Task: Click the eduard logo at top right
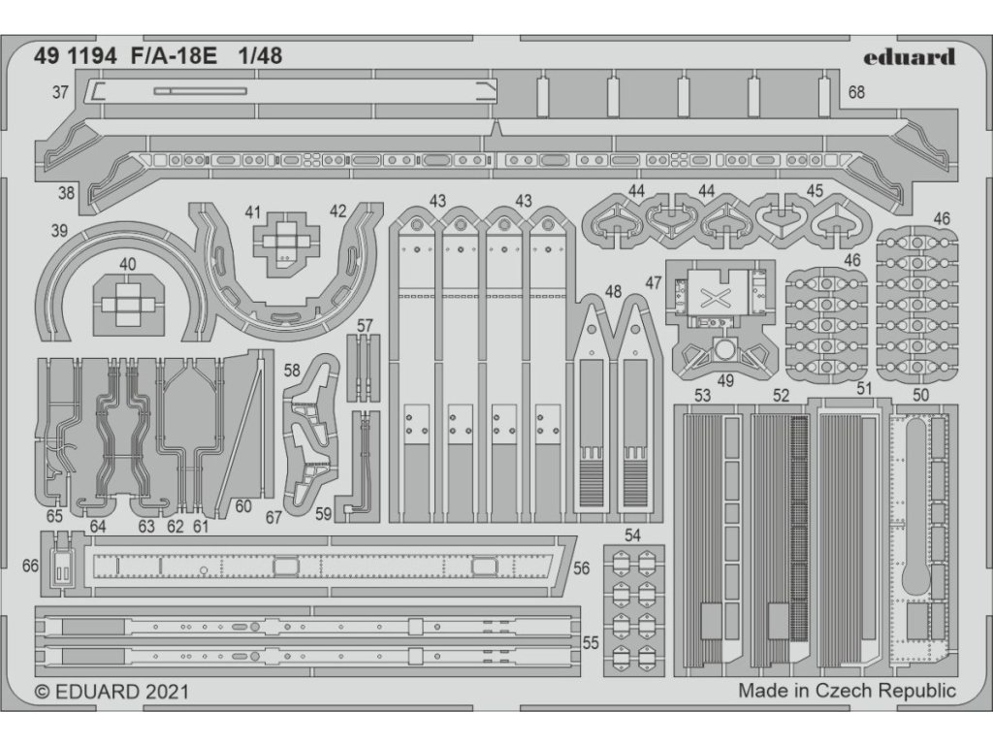[909, 56]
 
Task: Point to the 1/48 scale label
[260, 56]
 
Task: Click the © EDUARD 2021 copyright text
[112, 692]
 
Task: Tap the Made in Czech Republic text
[847, 692]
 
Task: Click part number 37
[61, 93]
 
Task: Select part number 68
[856, 93]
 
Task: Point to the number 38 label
[66, 193]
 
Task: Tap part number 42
[337, 211]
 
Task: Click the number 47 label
[653, 283]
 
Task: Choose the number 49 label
[725, 380]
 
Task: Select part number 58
[292, 371]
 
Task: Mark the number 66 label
[29, 566]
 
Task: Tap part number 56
[581, 569]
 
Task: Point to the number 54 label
[632, 534]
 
